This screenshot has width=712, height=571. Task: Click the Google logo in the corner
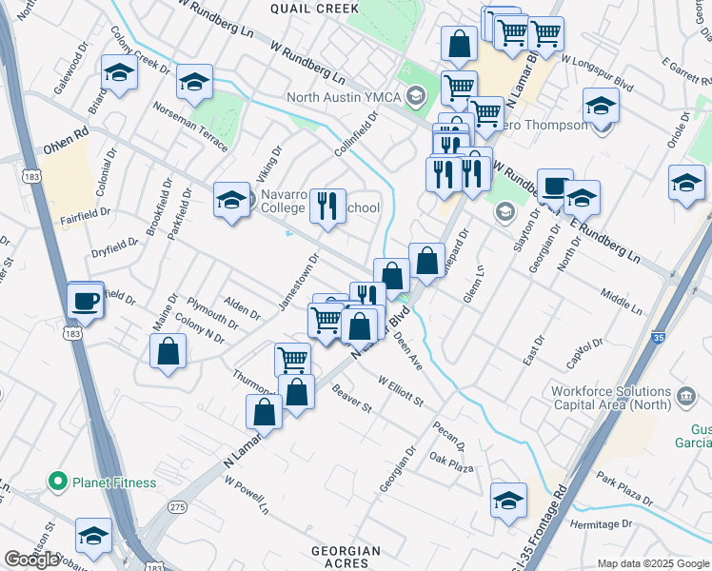[x=31, y=560]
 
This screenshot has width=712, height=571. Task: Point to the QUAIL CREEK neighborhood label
[x=314, y=9]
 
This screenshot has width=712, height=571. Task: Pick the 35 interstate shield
[x=660, y=338]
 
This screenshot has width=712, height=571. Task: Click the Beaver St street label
[x=351, y=399]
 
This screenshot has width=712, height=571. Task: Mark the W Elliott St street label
[x=401, y=391]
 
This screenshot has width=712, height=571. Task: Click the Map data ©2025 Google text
[x=652, y=563]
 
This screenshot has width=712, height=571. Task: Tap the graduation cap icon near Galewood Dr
[x=120, y=72]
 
